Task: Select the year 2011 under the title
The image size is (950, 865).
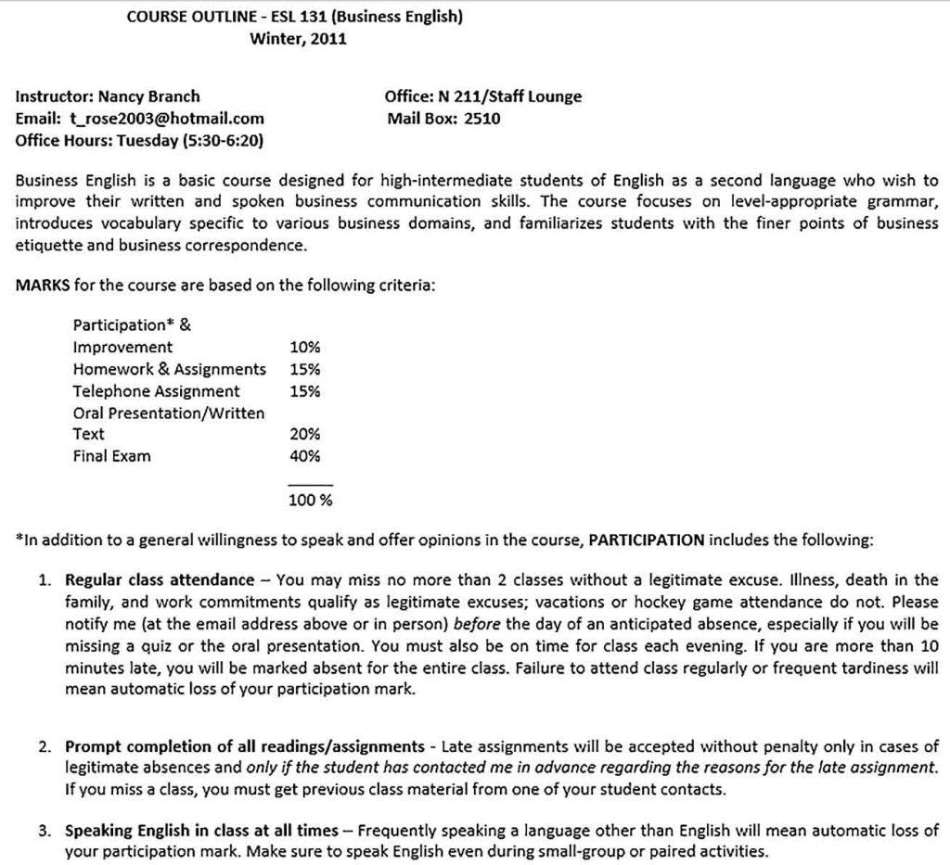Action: pyautogui.click(x=327, y=39)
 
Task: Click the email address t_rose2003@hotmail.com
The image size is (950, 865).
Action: pyautogui.click(x=166, y=119)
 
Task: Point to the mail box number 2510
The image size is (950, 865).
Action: pyautogui.click(x=481, y=119)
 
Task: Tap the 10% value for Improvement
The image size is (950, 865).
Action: pyautogui.click(x=305, y=348)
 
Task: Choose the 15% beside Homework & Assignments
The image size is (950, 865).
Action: pyautogui.click(x=305, y=369)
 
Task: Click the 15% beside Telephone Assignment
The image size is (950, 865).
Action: pyautogui.click(x=305, y=391)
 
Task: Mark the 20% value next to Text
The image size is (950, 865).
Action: pyautogui.click(x=305, y=434)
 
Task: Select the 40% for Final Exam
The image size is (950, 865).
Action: pyautogui.click(x=305, y=456)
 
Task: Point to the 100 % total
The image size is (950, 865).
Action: pyautogui.click(x=311, y=501)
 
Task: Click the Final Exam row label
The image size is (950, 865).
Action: pyautogui.click(x=111, y=456)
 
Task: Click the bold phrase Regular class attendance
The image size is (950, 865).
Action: pyautogui.click(x=159, y=580)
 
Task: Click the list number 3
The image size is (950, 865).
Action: pyautogui.click(x=44, y=830)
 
